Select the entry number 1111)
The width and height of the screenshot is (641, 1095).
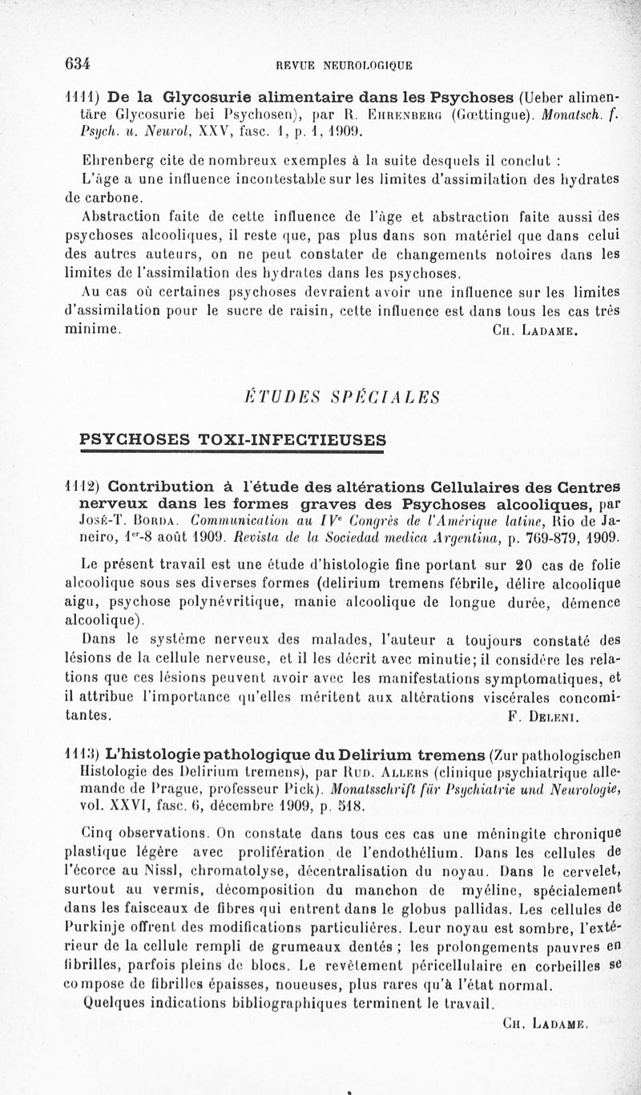coord(81,98)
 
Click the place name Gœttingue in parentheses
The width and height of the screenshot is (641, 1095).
coord(484,114)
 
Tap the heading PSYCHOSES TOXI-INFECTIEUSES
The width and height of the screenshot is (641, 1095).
coord(233,439)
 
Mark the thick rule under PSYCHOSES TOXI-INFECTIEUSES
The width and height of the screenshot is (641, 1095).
coord(233,454)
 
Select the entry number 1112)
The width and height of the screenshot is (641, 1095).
coord(82,486)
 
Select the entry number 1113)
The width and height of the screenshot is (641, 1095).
coord(82,754)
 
